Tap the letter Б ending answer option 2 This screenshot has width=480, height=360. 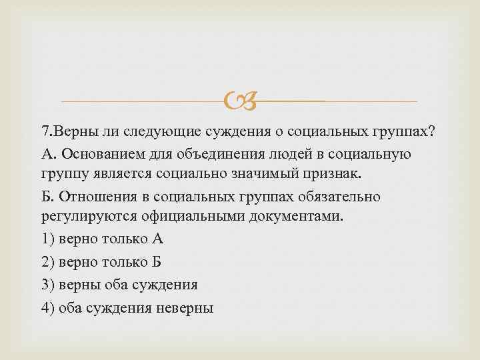point(157,262)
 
